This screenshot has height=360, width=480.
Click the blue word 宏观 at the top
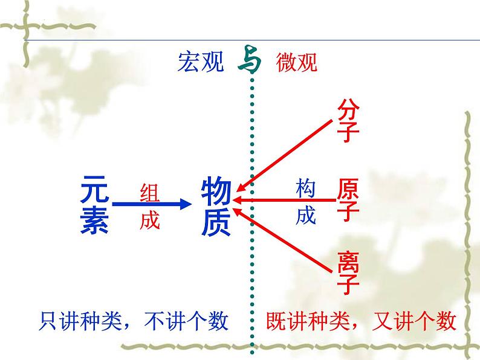point(200,62)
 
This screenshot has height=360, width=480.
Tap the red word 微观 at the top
point(296,62)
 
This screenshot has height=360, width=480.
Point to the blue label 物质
point(216,205)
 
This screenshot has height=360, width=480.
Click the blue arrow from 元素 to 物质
point(151,204)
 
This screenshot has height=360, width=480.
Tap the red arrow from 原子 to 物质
point(284,199)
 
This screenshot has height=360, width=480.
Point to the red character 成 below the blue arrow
point(150,221)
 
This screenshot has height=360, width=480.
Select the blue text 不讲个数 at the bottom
point(187,321)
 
